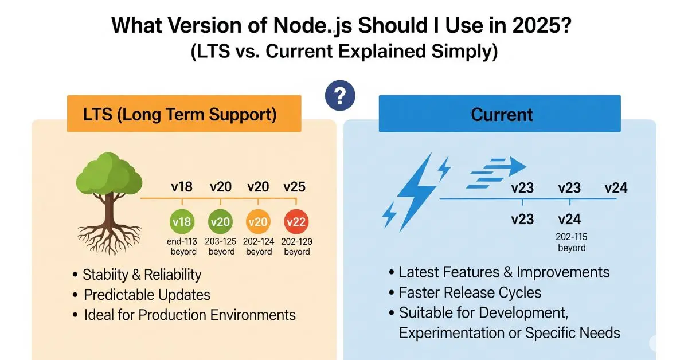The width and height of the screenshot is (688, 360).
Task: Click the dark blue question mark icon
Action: (x=339, y=95)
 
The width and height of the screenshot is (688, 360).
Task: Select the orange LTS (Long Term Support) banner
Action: (x=184, y=114)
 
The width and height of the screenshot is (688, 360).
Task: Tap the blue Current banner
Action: (x=500, y=114)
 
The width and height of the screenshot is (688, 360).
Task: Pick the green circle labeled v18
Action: (x=182, y=222)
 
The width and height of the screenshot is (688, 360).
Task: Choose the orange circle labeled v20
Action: (x=258, y=222)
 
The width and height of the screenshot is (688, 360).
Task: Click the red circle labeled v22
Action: (x=296, y=222)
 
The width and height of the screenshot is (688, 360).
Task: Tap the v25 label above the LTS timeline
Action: (x=294, y=186)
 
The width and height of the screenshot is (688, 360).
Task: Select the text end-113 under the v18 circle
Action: (x=183, y=241)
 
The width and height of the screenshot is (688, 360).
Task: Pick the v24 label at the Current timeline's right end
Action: (x=616, y=188)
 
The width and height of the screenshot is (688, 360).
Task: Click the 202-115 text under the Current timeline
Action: (x=571, y=237)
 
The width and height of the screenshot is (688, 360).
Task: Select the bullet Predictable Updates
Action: (x=147, y=295)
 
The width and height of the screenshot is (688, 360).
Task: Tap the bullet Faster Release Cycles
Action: (x=470, y=292)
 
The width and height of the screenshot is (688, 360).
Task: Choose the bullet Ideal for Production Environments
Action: (x=189, y=315)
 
